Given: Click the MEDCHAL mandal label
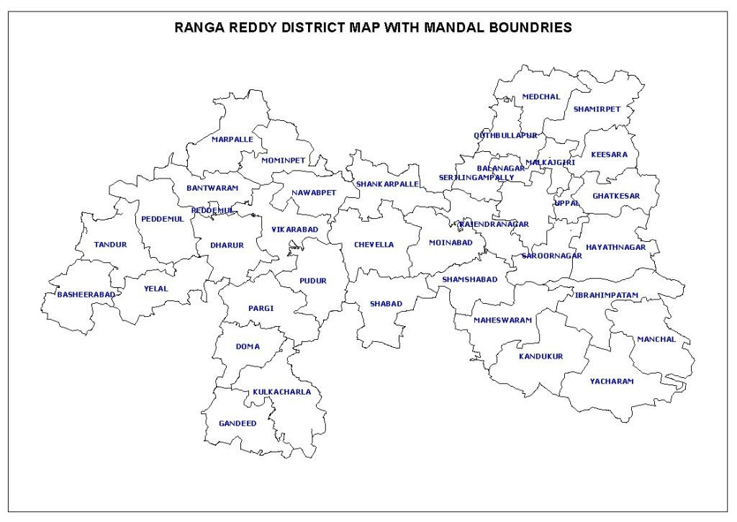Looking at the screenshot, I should tap(541, 96).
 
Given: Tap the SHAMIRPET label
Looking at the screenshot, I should tap(597, 109).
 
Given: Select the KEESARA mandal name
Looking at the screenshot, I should tap(609, 155).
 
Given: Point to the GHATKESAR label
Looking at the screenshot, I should tap(616, 196).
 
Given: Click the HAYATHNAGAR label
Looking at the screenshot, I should tap(615, 247).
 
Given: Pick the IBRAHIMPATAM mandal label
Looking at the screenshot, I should tap(606, 295).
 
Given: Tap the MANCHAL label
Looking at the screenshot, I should tap(656, 339).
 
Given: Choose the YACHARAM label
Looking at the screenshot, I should tap(612, 382).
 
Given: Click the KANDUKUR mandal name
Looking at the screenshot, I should tap(541, 356).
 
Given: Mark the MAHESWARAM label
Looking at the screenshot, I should tap(502, 320).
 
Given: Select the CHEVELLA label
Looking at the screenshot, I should tap(374, 245).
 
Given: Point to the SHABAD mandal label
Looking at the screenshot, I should tap(386, 304).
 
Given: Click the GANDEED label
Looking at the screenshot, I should tap(238, 423).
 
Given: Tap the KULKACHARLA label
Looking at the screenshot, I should tap(281, 392).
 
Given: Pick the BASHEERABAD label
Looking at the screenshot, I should tap(86, 294).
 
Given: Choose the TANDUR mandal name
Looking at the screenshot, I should tap(110, 245).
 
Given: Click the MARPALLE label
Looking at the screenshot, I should tap(232, 140).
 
